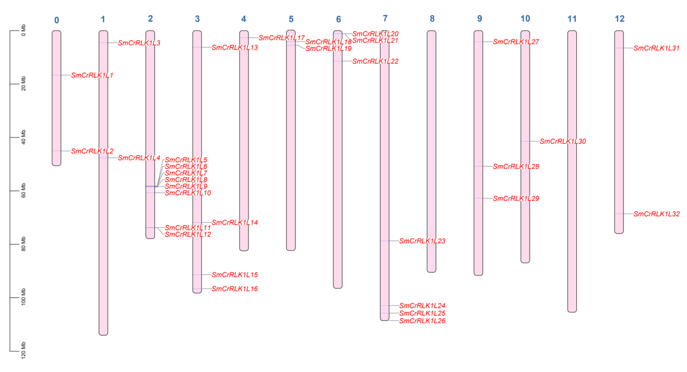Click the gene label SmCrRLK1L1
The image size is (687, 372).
coord(92,75)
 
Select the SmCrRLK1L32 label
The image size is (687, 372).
coord(656,214)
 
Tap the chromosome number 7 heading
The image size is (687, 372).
coord(385,18)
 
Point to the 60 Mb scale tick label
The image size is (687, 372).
coord(24,190)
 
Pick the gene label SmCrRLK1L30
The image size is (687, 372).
coord(563,141)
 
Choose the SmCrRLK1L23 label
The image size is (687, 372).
coord(422,241)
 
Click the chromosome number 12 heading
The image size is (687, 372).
coord(619,19)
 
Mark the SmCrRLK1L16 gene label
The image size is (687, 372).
coord(235,289)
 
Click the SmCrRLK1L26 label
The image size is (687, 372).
coord(422,321)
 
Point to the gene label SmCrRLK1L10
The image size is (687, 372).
coord(188,193)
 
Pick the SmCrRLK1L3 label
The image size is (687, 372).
coord(139,43)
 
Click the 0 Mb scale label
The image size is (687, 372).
coord(24,30)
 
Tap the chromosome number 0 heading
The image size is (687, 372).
coord(56,20)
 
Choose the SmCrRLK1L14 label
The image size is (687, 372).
coord(235,222)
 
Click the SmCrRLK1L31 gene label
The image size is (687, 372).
coord(656,48)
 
